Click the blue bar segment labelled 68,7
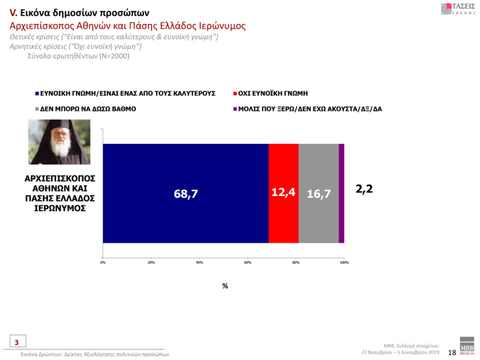click(185, 193)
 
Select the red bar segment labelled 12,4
click(284, 193)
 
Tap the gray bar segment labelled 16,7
click(319, 193)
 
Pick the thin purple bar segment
click(341, 193)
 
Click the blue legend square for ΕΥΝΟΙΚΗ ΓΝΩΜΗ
click(37, 93)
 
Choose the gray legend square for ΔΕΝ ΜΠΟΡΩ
click(37, 109)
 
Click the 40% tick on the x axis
click(199, 262)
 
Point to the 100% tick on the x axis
click(344, 262)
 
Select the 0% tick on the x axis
click(103, 262)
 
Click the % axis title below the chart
click(225, 286)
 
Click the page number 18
click(452, 353)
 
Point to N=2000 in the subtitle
click(115, 56)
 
